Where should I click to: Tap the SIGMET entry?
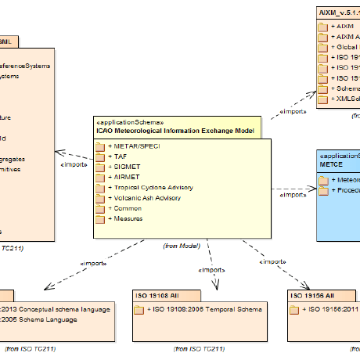(121, 167)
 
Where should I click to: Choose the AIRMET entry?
(121, 177)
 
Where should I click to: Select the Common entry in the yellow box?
(125, 208)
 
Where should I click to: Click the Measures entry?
(126, 218)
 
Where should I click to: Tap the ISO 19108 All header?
(160, 296)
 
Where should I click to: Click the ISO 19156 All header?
(313, 296)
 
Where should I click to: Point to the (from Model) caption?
(181, 246)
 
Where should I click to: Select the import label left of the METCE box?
(293, 195)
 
